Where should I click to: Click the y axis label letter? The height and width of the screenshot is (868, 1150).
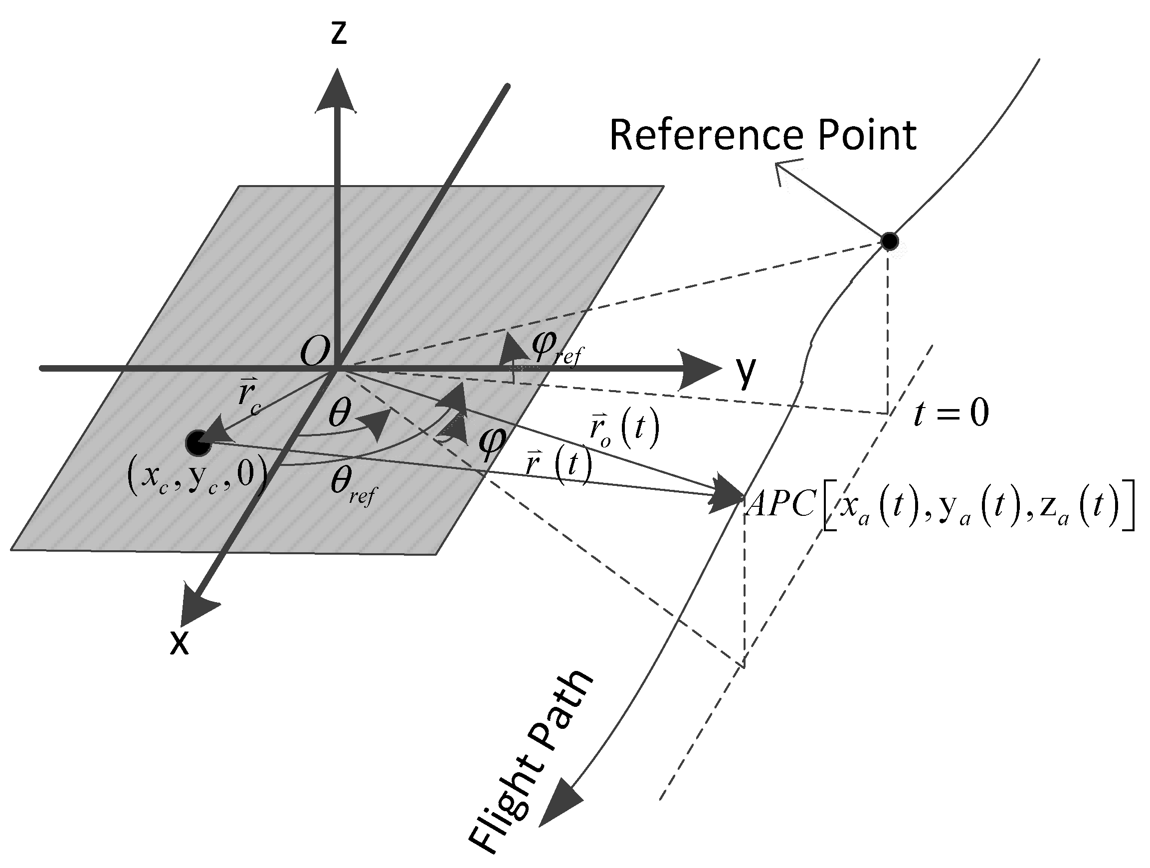[746, 372]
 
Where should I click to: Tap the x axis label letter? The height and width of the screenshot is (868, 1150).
[180, 644]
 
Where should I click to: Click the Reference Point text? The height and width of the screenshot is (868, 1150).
[762, 136]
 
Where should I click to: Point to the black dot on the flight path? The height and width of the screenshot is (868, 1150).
[890, 241]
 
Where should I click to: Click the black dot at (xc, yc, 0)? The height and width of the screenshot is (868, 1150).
[197, 443]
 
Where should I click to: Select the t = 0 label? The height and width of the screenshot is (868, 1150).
[951, 414]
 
